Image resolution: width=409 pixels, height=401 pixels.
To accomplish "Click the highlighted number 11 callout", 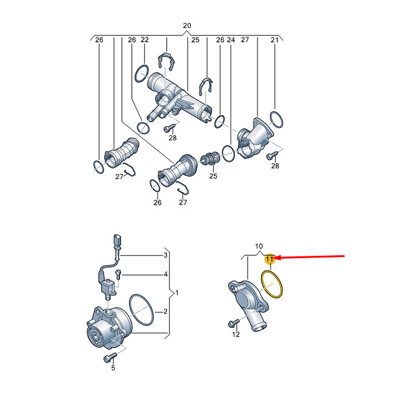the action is point(269,259).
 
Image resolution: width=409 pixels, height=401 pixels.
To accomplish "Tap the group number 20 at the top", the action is point(187,26).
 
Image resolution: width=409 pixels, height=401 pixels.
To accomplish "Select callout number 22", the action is point(145,40).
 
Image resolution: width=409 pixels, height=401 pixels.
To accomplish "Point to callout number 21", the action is point(275,40).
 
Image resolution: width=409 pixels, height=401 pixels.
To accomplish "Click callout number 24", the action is point(231,40).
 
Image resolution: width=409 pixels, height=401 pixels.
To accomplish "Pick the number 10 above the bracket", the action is point(259,246).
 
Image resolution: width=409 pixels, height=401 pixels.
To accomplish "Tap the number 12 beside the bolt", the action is point(236,334).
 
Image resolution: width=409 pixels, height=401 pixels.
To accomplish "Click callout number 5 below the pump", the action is point(113,368).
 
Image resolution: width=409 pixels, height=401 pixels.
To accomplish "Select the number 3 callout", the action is point(165,255).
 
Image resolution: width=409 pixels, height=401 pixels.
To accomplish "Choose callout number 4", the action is point(166,274).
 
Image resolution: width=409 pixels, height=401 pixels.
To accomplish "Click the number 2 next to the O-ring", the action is point(165,311).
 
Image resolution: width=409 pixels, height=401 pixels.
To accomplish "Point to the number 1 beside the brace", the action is point(177,292).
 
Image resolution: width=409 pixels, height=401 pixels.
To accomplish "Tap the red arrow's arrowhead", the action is point(277,258).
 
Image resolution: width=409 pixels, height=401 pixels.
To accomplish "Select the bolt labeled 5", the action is point(110,357).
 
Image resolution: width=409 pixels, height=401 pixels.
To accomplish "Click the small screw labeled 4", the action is point(118,274).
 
